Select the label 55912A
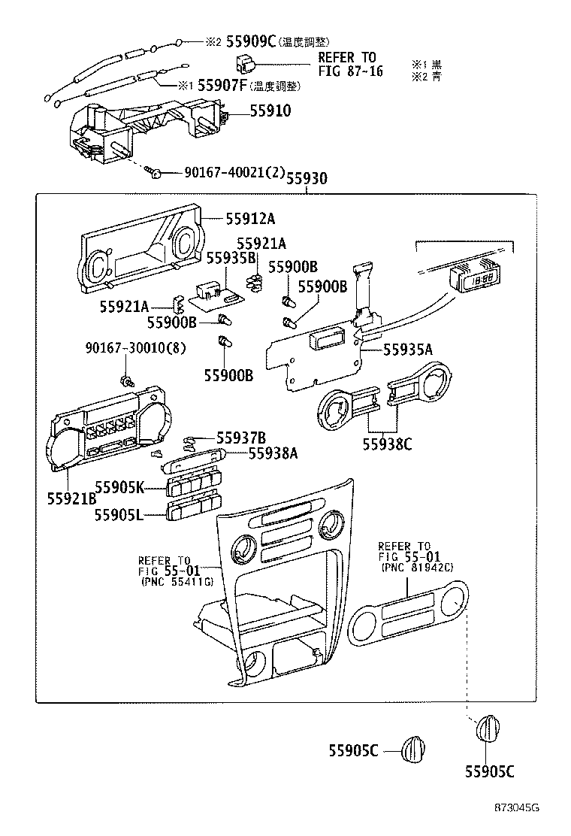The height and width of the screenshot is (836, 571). coord(251,219)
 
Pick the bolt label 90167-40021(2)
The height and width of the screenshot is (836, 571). coord(234,173)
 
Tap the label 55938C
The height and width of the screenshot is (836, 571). coord(388,444)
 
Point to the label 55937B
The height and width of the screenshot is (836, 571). coord(241,438)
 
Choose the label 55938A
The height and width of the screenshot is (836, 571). coord(273,453)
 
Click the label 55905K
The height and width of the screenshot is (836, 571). coord(119,487)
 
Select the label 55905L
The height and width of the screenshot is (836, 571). coord(119,514)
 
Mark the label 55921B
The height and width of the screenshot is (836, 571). coord(71,498)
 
